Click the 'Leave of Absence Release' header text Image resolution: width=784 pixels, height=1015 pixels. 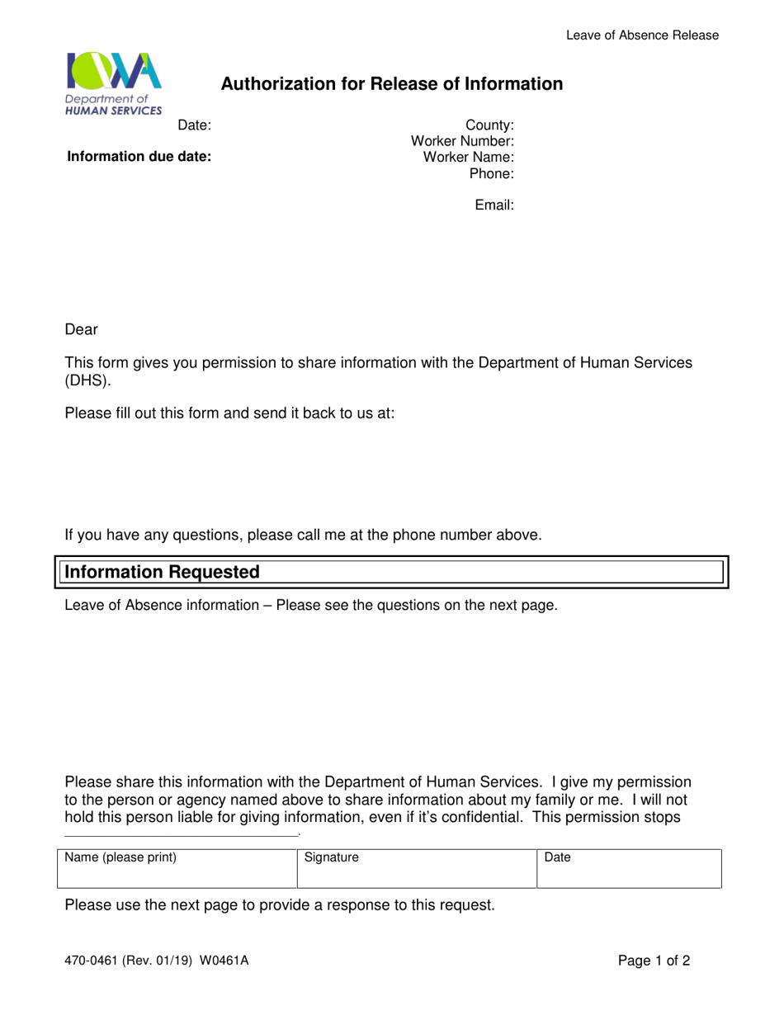(642, 35)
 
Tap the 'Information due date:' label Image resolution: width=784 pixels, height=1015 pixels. (139, 157)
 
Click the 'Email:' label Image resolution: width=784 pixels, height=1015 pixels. (494, 205)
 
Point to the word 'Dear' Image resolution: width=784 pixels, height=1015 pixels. (81, 330)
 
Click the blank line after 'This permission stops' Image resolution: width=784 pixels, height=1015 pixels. (181, 835)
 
